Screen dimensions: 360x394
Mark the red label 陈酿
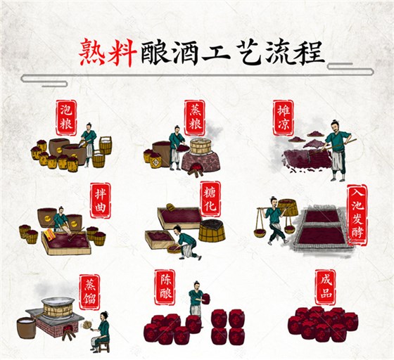point(164,286)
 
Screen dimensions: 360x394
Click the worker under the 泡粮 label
point(89,143)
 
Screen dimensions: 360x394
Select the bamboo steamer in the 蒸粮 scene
point(201,146)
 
